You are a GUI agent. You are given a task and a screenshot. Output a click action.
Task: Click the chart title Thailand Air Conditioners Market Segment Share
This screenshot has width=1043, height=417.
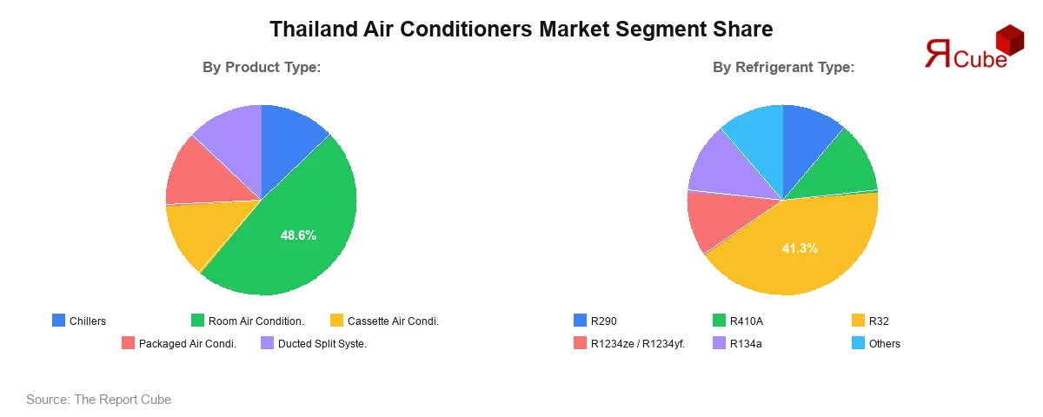pos(521,29)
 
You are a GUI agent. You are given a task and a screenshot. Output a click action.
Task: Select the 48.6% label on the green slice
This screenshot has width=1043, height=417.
pos(298,235)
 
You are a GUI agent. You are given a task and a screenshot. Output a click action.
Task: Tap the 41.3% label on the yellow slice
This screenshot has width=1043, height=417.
pos(800,248)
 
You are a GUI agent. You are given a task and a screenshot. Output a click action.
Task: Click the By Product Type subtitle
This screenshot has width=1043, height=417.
pos(262,67)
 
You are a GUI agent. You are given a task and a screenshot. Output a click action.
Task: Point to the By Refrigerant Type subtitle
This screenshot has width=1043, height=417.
pos(783,67)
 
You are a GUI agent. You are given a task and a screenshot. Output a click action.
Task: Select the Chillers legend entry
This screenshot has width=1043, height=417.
pos(79,321)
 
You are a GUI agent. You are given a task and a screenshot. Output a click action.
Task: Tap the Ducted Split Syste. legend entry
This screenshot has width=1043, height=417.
pos(313,344)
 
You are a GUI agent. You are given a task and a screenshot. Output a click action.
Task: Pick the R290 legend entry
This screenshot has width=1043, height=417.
pos(595,321)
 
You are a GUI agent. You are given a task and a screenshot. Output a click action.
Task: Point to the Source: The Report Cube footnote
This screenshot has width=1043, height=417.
pos(98,400)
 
